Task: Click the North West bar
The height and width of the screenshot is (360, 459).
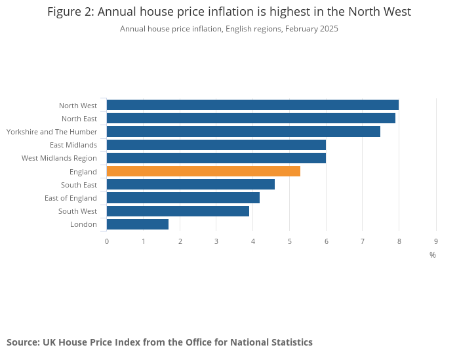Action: [252, 105]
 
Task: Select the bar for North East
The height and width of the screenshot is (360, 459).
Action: [250, 118]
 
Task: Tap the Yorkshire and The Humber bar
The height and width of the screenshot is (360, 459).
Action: [243, 131]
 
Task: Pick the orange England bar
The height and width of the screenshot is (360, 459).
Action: [203, 171]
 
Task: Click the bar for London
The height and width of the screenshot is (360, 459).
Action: [138, 224]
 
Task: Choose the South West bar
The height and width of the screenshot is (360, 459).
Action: [178, 211]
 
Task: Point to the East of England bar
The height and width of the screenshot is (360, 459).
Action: [183, 197]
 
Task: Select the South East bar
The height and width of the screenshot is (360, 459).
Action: [191, 184]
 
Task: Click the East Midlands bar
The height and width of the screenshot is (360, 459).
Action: [216, 145]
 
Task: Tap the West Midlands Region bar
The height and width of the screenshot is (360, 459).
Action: [216, 158]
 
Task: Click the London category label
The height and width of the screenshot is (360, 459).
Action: [83, 224]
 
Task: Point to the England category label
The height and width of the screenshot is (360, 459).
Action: [83, 172]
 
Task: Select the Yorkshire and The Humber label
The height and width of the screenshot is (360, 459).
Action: [52, 132]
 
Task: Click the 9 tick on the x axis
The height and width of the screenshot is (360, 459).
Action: [436, 241]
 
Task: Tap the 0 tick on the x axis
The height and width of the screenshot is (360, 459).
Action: [107, 241]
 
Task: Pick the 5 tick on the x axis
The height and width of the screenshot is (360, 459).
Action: [290, 241]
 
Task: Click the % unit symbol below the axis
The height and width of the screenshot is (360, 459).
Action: [433, 254]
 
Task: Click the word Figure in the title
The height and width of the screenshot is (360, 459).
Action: [66, 12]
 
